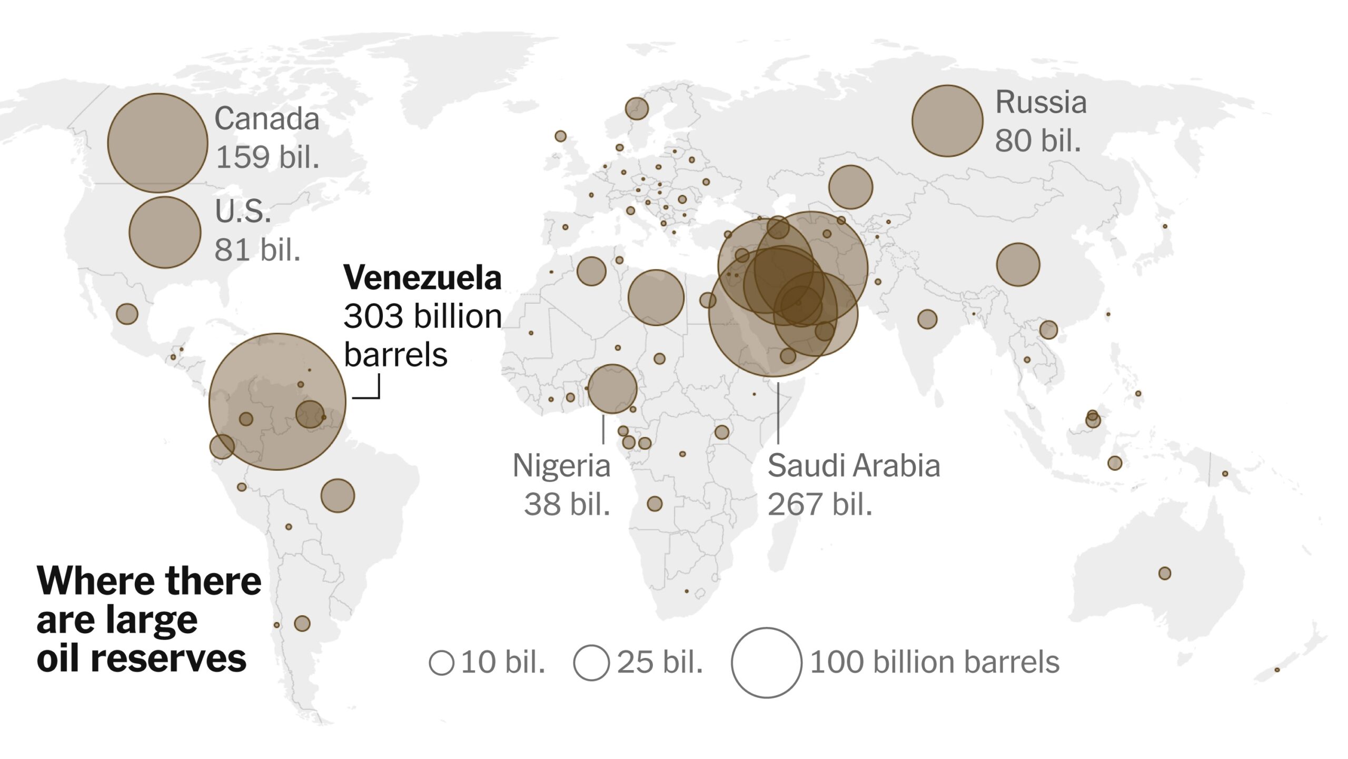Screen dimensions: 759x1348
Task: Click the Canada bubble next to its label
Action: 157,143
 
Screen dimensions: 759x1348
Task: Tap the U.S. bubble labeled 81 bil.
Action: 165,232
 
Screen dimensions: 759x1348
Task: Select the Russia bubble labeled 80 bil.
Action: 947,121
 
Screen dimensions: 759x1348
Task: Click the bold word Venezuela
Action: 422,277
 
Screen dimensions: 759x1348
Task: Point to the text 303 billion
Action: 422,316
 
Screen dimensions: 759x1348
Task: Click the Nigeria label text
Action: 561,466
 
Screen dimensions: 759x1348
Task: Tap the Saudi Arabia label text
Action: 853,466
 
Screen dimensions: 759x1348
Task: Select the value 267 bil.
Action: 819,504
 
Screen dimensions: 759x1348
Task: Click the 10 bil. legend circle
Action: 441,663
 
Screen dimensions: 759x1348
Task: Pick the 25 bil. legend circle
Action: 591,663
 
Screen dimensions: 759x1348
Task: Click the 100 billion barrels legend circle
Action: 766,663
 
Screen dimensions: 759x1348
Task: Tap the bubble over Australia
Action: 1165,573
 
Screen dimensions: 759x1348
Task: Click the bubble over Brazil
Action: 338,495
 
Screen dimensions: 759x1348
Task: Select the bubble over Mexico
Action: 127,314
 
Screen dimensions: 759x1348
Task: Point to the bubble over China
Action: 1018,264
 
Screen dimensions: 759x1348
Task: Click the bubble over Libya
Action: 656,297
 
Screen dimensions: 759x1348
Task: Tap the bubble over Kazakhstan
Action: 850,186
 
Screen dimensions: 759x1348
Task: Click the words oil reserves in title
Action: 141,658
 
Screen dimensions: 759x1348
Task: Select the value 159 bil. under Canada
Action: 267,157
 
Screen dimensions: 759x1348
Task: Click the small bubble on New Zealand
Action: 1277,670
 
